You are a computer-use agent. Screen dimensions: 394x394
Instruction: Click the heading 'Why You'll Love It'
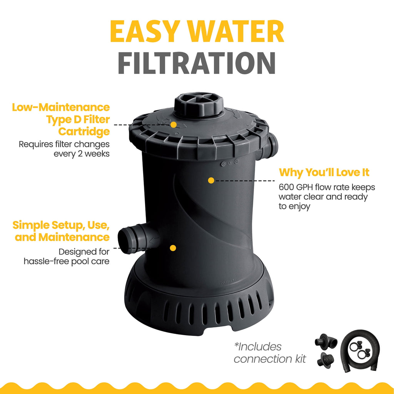point(324,173)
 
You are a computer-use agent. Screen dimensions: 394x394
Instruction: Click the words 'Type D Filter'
point(78,120)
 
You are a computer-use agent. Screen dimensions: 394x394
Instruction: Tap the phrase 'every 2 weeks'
point(82,154)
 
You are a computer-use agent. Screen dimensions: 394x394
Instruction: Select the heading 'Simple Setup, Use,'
point(61,225)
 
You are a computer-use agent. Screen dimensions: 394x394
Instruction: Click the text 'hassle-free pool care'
point(67,261)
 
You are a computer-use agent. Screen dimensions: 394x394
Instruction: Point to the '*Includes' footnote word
point(257,347)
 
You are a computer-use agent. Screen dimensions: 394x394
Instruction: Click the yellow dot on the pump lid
point(174,125)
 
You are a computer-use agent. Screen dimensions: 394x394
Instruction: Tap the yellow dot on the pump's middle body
point(211,180)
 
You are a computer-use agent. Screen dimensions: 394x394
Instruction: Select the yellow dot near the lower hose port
point(173,248)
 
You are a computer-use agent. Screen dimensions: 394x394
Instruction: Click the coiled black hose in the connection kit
point(360,351)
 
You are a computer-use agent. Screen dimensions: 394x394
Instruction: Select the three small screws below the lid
point(230,163)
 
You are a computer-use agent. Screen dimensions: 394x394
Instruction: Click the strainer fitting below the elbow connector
point(326,360)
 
